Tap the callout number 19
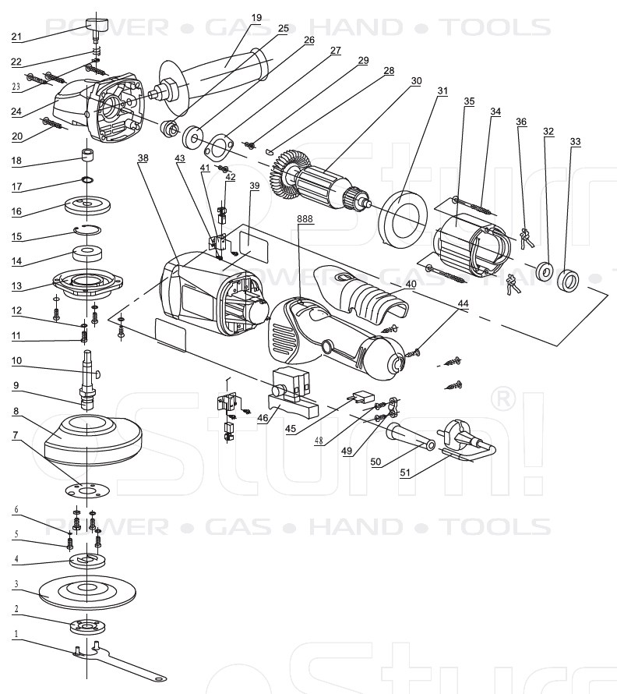(x=257, y=17)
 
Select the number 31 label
(x=442, y=91)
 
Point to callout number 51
(x=405, y=473)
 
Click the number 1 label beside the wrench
(x=15, y=634)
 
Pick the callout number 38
(x=143, y=158)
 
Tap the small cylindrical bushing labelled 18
(x=88, y=153)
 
